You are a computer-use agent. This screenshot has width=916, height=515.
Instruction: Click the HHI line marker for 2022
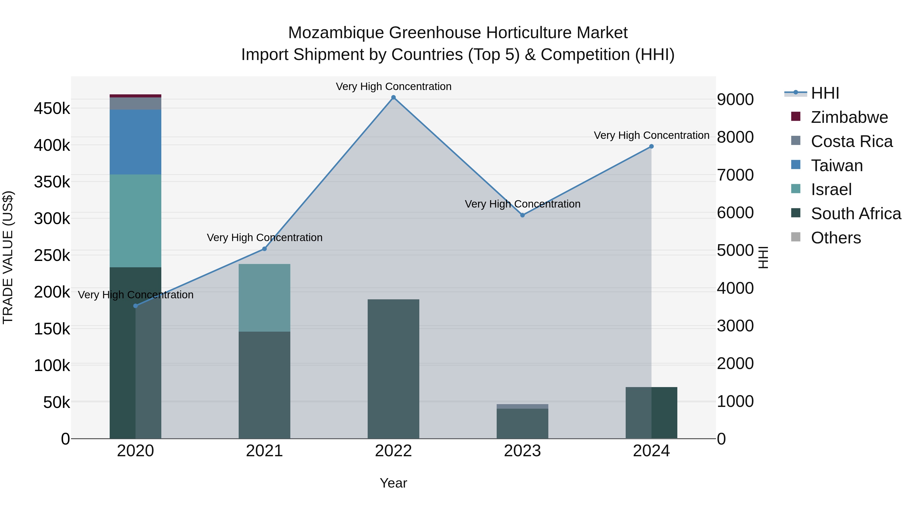[x=393, y=97]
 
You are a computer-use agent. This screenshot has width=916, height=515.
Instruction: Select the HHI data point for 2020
[x=135, y=306]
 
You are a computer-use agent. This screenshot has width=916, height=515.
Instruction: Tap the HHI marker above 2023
[x=522, y=215]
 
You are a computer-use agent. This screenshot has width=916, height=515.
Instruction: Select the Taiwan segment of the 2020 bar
[x=135, y=142]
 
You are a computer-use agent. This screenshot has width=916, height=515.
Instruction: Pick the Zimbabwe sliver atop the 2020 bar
[x=135, y=96]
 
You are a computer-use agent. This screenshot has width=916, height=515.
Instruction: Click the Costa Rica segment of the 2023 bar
[x=522, y=406]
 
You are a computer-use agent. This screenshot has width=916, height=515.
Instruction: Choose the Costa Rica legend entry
[x=852, y=141]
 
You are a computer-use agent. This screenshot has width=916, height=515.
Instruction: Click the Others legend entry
[x=836, y=238]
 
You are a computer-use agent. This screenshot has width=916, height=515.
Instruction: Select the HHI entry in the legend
[x=825, y=93]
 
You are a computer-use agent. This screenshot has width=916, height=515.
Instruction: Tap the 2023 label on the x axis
[x=522, y=451]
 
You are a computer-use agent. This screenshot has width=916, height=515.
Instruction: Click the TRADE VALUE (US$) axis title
[x=8, y=257]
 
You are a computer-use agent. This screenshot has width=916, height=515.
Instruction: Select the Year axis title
[x=393, y=483]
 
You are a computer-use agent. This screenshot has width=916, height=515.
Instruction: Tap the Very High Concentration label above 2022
[x=393, y=86]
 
